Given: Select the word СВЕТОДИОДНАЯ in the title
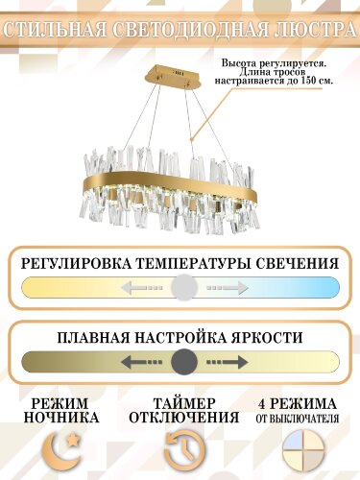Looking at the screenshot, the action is click(190, 28).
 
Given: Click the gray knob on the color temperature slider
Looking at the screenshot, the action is click(185, 287).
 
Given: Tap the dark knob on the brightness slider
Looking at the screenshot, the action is click(185, 362).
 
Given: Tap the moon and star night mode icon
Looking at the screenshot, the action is click(60, 450).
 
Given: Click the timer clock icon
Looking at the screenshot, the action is click(181, 450).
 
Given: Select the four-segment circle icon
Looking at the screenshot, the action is click(301, 450).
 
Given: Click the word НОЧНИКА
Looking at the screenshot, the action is click(60, 418).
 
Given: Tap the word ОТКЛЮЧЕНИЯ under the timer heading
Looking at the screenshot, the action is click(182, 418).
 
